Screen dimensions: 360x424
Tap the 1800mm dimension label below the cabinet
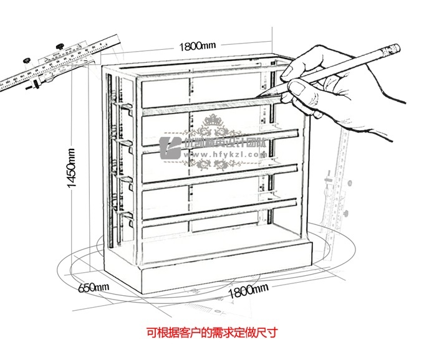pyautogui.click(x=248, y=290)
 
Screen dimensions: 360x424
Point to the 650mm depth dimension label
pyautogui.click(x=93, y=287)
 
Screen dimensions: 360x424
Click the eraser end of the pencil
pyautogui.click(x=392, y=48)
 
